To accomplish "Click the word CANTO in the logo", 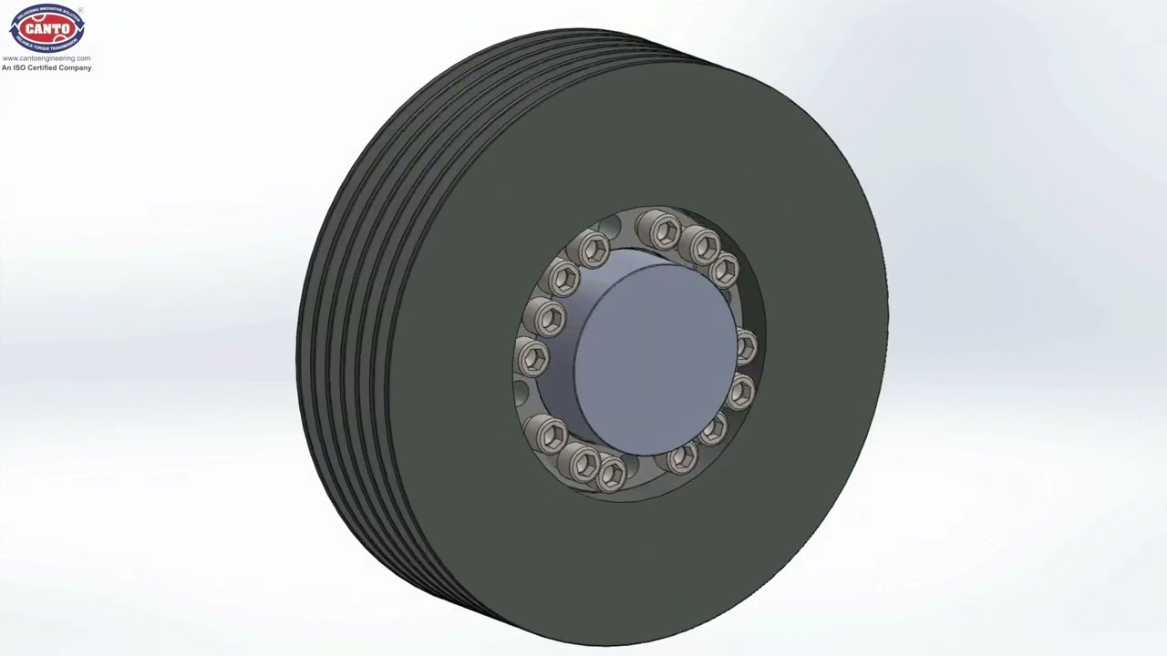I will click(46, 29).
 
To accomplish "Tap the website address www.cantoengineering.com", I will click(46, 58).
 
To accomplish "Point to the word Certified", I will click(46, 67).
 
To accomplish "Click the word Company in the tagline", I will click(76, 67).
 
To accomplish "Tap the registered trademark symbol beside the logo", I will click(80, 11).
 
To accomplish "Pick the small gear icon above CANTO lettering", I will click(46, 19).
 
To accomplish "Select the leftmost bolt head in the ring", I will click(532, 357).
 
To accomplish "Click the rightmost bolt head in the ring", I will click(745, 346).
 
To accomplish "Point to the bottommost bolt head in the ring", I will click(611, 473).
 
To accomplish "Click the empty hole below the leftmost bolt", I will click(522, 395).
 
